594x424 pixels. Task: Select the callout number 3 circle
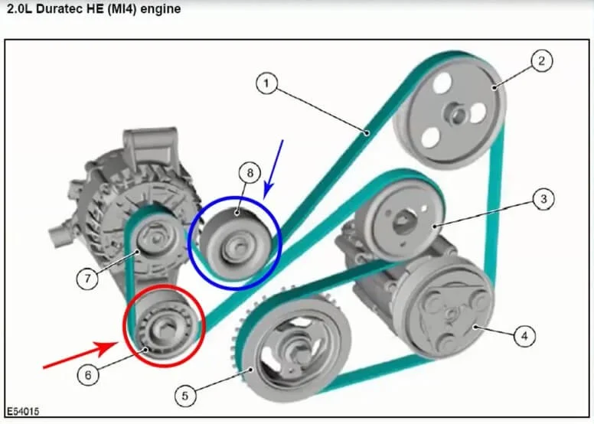[543, 200]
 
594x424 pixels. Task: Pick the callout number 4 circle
[524, 335]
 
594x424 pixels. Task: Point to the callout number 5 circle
[184, 396]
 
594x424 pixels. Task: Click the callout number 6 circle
[88, 375]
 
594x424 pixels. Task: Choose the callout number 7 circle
[88, 279]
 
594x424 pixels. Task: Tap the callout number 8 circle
[250, 174]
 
